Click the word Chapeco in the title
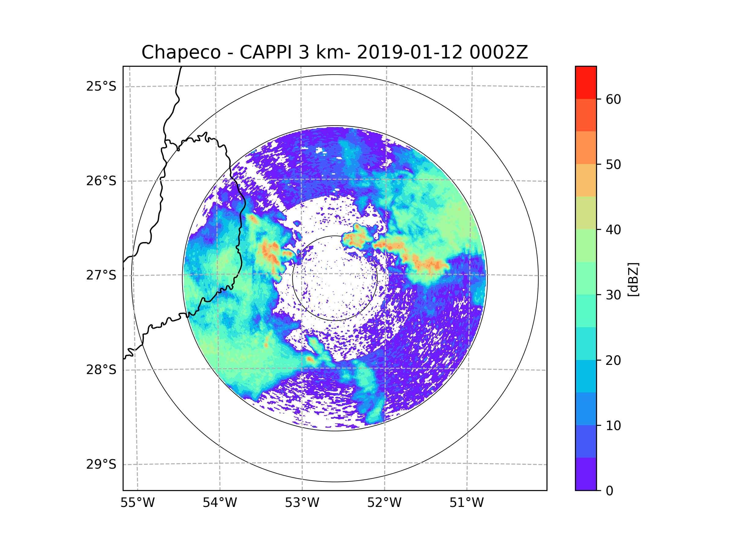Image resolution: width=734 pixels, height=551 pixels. tap(181, 52)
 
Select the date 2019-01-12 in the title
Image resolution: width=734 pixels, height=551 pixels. tap(409, 52)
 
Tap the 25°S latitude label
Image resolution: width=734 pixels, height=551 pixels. tap(101, 86)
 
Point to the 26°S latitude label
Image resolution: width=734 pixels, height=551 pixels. tap(101, 181)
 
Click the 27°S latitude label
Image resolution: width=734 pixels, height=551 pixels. tap(101, 275)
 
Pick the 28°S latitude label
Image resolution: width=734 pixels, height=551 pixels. tap(101, 370)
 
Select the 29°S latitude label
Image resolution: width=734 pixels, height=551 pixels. tap(101, 464)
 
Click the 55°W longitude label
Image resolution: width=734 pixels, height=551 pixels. tap(137, 503)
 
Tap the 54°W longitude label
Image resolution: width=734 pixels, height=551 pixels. tap(220, 503)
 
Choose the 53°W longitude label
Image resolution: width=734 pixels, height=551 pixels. tap(302, 503)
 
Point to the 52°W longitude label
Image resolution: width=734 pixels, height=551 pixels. tap(384, 503)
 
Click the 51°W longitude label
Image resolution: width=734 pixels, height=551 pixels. tap(466, 503)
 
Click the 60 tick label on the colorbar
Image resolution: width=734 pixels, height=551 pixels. tap(613, 99)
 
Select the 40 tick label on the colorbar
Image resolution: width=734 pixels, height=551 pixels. tap(613, 230)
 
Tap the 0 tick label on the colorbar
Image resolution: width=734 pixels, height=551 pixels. tap(610, 491)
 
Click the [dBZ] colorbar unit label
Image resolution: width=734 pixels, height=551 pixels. tap(633, 280)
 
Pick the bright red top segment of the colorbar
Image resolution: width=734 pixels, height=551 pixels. tap(586, 82)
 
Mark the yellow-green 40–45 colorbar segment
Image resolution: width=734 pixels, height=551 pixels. tap(586, 213)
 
